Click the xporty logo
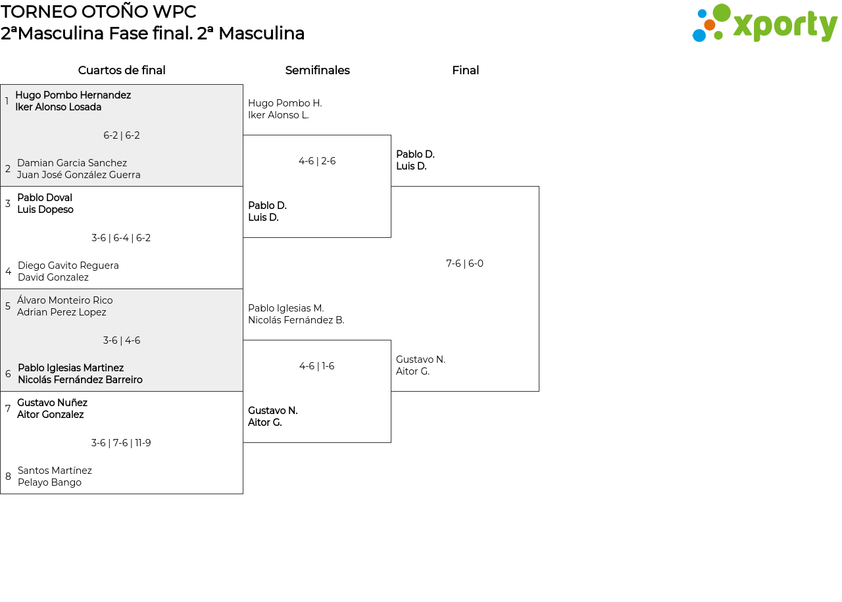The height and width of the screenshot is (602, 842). [x=764, y=24]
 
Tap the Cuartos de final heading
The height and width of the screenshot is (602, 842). [x=122, y=70]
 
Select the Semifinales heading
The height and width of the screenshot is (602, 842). [x=317, y=70]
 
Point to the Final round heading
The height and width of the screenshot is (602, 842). [x=465, y=70]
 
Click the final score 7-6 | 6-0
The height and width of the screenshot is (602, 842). [x=464, y=264]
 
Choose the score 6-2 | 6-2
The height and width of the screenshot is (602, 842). [x=122, y=135]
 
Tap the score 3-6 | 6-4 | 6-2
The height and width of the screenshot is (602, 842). [x=121, y=238]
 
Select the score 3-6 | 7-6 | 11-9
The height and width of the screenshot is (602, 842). [x=121, y=443]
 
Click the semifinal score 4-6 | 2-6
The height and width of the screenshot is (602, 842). [x=317, y=161]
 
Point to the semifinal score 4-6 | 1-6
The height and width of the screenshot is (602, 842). [x=317, y=366]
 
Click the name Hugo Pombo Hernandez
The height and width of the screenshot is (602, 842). [x=73, y=95]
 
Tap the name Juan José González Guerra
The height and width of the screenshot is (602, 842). [x=79, y=175]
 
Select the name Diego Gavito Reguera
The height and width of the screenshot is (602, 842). [x=68, y=266]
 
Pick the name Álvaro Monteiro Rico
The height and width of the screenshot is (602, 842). [x=65, y=300]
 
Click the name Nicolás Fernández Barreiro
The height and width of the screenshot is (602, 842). [x=80, y=380]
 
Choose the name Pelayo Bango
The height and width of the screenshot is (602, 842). [x=50, y=482]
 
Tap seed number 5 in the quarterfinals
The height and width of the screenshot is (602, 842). [x=8, y=306]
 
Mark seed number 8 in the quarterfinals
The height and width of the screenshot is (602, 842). [x=8, y=476]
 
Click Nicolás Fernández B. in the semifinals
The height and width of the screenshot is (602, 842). [x=296, y=320]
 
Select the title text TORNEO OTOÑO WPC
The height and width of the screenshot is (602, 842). [x=99, y=12]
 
